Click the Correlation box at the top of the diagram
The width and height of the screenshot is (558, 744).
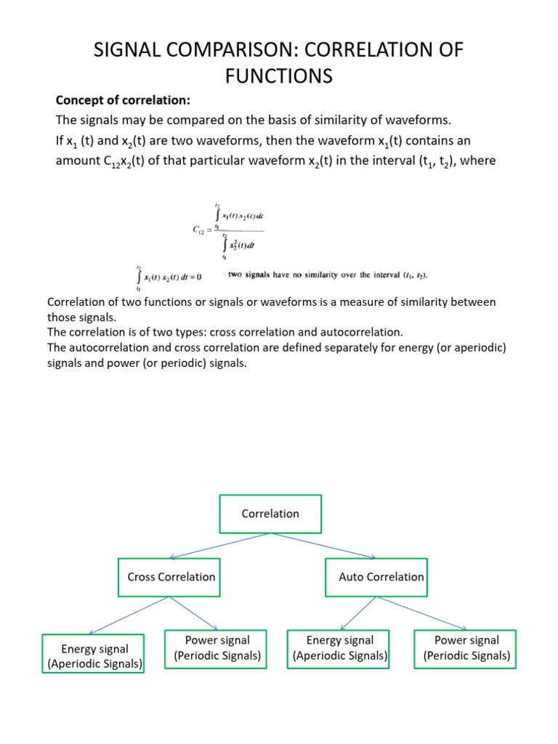tap(270, 514)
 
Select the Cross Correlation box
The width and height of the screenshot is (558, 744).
tap(171, 577)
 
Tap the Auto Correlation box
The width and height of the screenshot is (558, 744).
tap(376, 577)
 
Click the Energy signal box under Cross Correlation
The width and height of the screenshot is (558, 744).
tap(94, 655)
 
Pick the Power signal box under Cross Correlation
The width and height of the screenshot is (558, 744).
tap(217, 647)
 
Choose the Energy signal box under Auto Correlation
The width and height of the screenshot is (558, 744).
tap(340, 647)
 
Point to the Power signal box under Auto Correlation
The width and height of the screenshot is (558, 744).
tap(466, 647)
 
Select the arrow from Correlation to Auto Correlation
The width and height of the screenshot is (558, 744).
tap(323, 546)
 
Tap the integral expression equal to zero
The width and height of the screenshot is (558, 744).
tap(166, 276)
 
